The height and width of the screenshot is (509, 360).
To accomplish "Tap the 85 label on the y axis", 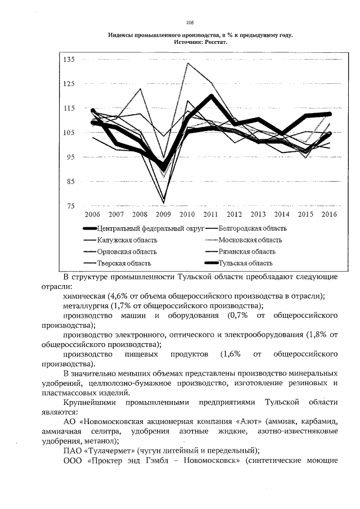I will (x=70, y=182).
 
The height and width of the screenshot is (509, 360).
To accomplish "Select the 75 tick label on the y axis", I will (x=70, y=206).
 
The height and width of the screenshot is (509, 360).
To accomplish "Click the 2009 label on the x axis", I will (x=163, y=215).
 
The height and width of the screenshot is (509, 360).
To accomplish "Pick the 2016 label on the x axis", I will (x=329, y=215).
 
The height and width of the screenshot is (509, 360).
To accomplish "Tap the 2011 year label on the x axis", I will (x=210, y=215).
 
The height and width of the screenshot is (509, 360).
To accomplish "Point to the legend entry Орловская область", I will (x=127, y=251).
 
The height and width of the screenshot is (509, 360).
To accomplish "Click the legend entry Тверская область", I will (x=124, y=263).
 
